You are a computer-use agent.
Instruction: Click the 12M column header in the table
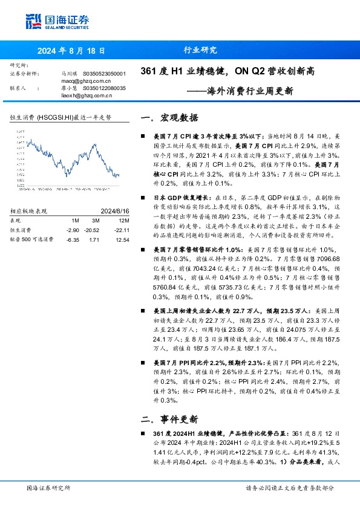(x=122, y=221)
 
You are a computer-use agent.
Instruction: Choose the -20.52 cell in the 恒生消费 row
(x=92, y=230)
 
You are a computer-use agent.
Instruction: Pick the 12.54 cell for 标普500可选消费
(x=122, y=239)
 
